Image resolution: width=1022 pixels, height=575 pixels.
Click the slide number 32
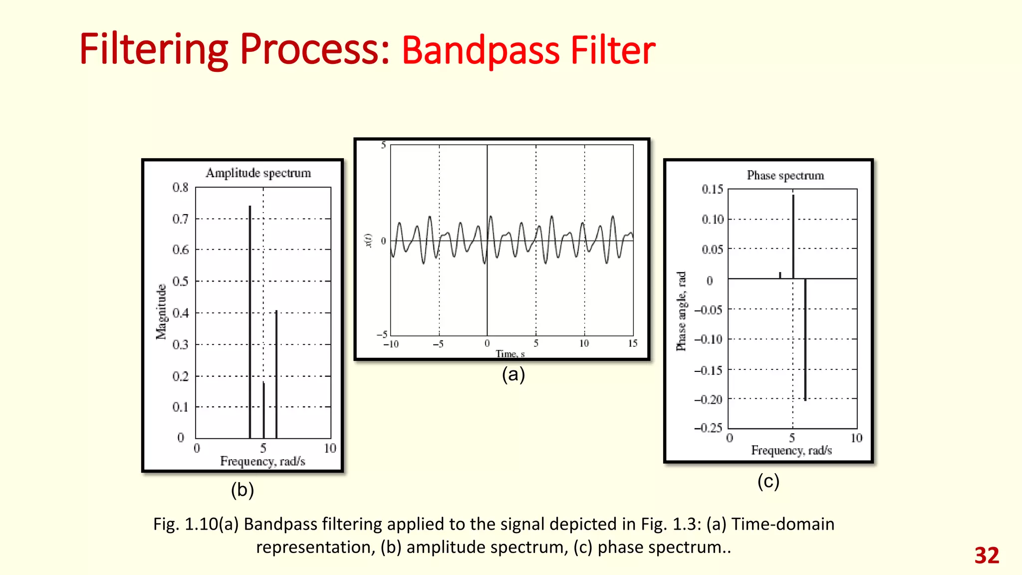(x=987, y=556)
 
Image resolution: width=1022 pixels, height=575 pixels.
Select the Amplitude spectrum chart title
(x=258, y=173)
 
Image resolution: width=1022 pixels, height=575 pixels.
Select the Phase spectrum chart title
(x=785, y=176)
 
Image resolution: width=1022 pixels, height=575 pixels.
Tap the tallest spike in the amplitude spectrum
(x=250, y=319)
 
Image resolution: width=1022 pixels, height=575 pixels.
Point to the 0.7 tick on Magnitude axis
(x=181, y=219)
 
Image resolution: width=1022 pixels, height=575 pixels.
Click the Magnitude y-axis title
(x=161, y=312)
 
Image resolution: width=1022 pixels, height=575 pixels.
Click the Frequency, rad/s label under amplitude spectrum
(x=262, y=461)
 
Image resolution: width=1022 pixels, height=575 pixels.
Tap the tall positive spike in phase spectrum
(x=793, y=235)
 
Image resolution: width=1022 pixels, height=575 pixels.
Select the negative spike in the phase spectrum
(x=805, y=339)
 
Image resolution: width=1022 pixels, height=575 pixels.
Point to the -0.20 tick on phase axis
(x=708, y=399)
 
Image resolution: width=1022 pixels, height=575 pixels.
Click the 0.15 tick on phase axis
(x=712, y=189)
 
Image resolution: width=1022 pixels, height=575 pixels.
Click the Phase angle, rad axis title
(x=681, y=311)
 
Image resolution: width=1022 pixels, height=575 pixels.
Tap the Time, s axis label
(x=510, y=354)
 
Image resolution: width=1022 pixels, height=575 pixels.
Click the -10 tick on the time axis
(x=391, y=344)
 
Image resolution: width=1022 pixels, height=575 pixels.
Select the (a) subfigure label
(x=513, y=374)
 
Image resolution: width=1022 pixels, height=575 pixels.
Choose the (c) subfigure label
(x=768, y=481)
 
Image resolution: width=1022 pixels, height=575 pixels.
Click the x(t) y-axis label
(x=368, y=240)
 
